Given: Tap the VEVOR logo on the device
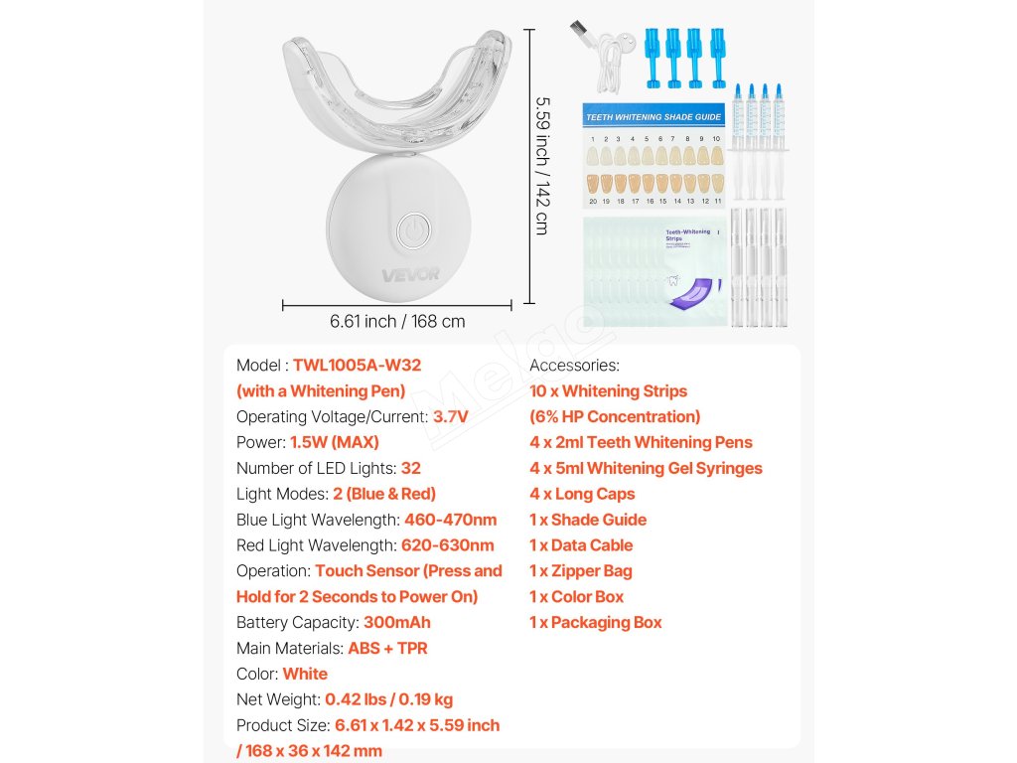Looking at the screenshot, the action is tap(410, 274).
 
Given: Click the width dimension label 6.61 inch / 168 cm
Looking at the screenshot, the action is tap(397, 322).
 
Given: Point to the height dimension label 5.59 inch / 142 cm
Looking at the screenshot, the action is tap(541, 165).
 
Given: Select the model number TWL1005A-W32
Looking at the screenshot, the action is tap(357, 366).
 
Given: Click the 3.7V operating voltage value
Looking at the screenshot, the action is tap(451, 417).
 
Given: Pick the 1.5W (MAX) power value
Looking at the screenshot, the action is tap(334, 443).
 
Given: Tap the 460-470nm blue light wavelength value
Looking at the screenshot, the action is tap(450, 520).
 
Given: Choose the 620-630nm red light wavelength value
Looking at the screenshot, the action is tap(447, 545).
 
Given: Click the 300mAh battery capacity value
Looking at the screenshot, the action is tap(396, 623).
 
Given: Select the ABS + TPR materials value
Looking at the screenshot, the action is tap(387, 649).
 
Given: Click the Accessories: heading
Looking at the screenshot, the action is tap(574, 366).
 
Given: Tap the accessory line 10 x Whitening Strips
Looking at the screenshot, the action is tap(608, 391).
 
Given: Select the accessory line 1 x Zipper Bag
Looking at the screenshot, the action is tap(580, 571).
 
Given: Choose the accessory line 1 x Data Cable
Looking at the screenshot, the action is tap(580, 545).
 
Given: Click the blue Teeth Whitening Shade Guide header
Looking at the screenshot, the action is tap(654, 116).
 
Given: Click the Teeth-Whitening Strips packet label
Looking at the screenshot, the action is tap(688, 235).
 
